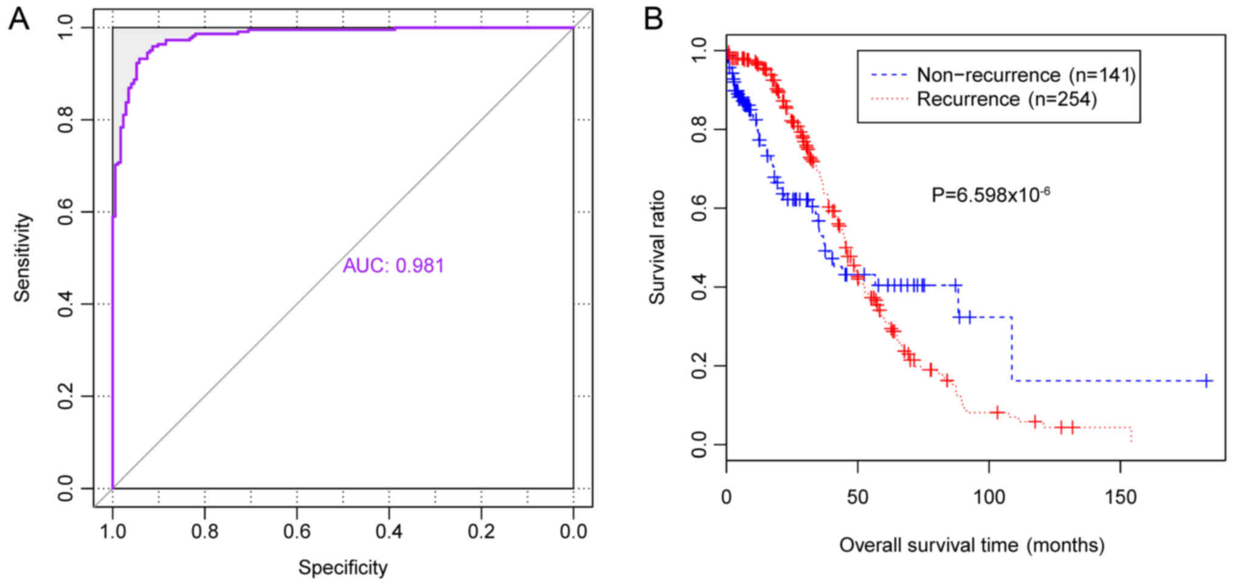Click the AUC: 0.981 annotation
point(393,266)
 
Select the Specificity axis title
point(342,568)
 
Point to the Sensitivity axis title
point(22,257)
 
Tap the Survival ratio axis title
point(657,247)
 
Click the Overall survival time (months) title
point(972,545)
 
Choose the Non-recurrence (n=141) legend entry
point(1026,75)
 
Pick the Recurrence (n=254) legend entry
point(1006,99)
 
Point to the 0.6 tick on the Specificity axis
point(297,532)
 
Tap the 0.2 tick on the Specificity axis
point(481,532)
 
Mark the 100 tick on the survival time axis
point(989,497)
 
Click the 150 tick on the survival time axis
point(1120,497)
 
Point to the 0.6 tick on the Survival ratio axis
point(700,208)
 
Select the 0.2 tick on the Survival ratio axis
point(700,366)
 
